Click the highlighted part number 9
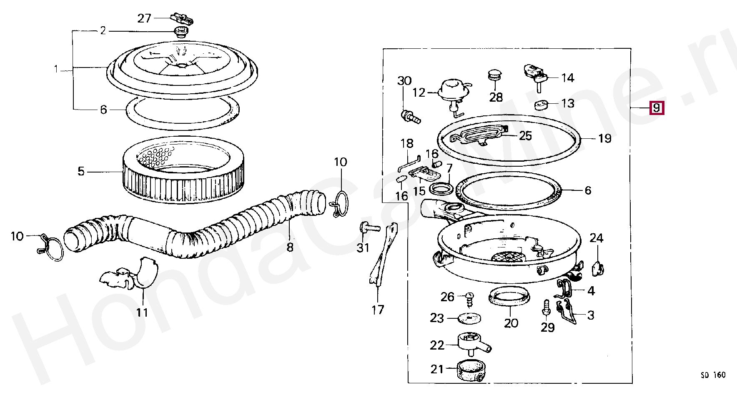[x=656, y=108]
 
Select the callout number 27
[x=144, y=19]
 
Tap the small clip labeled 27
[x=182, y=19]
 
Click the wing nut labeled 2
[x=181, y=32]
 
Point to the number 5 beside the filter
[x=81, y=171]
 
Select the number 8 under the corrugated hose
[x=290, y=247]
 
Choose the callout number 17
[x=378, y=310]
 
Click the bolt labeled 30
[x=410, y=116]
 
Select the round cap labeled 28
[x=495, y=76]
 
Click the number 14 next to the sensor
[x=568, y=78]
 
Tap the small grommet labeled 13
[x=541, y=104]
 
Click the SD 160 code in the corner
[x=713, y=375]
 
